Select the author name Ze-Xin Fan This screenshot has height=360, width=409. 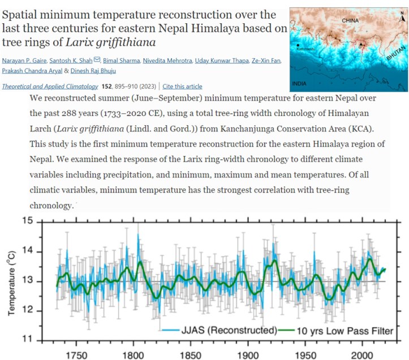[x=262, y=61]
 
